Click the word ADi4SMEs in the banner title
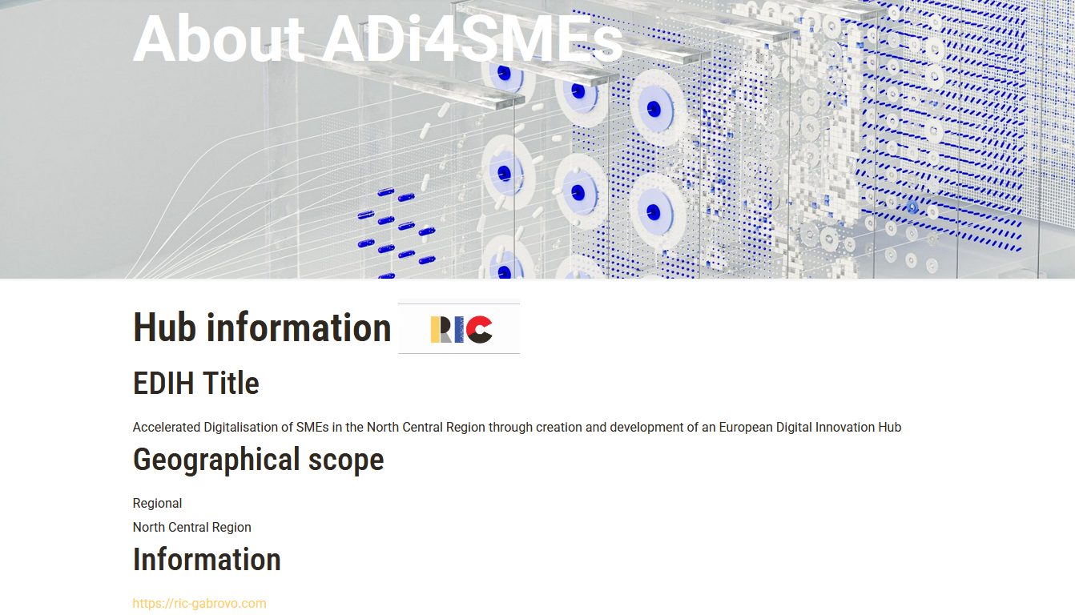click(473, 38)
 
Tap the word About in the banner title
click(219, 38)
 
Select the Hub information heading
click(262, 328)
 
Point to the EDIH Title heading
click(195, 384)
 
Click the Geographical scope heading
click(258, 460)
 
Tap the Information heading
click(207, 560)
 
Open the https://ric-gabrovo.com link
click(199, 603)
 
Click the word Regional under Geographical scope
click(157, 503)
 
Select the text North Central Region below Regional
click(191, 527)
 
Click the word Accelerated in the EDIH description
click(166, 427)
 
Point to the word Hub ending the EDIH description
click(890, 427)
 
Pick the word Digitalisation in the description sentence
click(241, 428)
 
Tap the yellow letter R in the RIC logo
click(440, 330)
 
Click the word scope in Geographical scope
click(345, 460)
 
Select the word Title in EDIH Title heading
click(231, 384)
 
